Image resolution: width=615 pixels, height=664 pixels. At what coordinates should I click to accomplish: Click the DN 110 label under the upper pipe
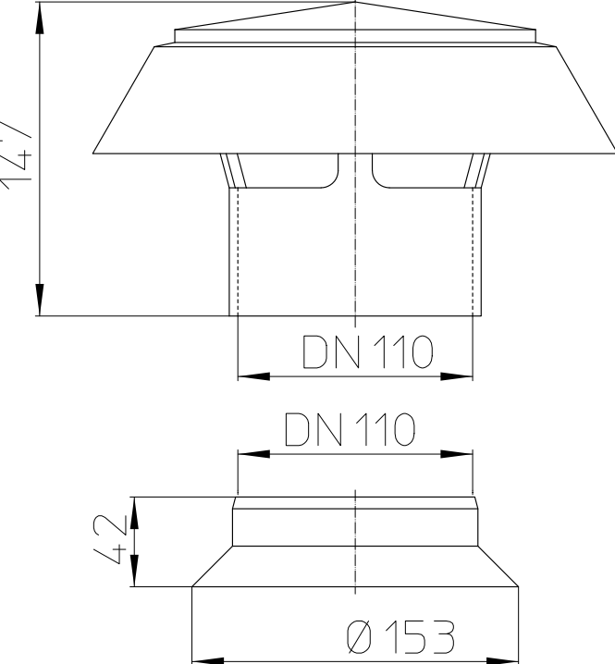367,352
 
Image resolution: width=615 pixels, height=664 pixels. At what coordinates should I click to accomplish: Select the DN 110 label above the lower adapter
351,430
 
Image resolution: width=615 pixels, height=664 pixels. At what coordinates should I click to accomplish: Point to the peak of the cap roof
355,3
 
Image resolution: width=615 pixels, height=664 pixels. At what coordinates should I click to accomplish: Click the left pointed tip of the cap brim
92,153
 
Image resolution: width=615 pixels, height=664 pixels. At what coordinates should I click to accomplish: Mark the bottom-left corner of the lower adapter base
191,586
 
